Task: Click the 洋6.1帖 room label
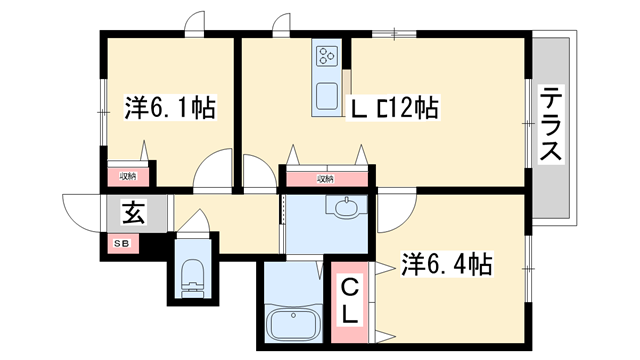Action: pos(171,107)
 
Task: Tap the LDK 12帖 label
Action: pos(393,107)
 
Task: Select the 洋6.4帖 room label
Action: pos(446,264)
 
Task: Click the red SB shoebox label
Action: pos(120,242)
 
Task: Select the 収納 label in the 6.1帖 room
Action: pos(128,177)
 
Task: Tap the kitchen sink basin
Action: pos(327,96)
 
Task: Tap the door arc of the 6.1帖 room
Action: pos(213,172)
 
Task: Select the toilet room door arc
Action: pos(194,222)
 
